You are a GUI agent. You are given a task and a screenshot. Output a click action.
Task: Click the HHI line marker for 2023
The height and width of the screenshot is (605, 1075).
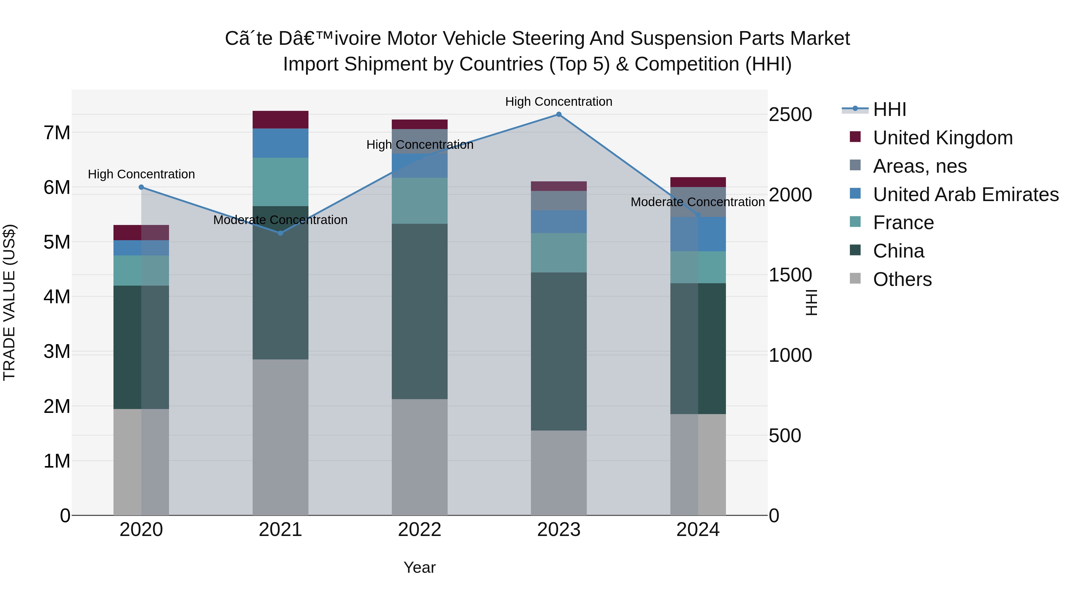point(559,114)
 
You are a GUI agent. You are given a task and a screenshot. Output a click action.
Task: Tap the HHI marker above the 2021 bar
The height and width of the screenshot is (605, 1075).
point(280,233)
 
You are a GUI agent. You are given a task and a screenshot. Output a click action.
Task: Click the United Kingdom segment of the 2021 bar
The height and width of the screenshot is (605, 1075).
point(280,120)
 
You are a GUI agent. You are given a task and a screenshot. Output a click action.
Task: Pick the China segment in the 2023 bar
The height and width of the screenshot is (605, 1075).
point(559,352)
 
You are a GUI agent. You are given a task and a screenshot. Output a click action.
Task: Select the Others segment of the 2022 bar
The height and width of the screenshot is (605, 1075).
point(420,457)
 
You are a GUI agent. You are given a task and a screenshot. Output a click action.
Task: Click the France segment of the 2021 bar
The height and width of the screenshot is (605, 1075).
point(280,182)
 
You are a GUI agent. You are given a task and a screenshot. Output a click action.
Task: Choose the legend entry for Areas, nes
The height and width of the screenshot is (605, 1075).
point(920,166)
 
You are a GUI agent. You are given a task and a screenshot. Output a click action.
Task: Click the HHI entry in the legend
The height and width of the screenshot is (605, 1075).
point(889,109)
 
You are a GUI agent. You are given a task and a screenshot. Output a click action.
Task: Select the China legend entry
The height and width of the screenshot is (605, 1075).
point(899,251)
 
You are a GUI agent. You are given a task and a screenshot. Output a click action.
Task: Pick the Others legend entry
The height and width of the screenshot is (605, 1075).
point(902,279)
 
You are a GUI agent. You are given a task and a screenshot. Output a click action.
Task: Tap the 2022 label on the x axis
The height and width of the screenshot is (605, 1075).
point(420,530)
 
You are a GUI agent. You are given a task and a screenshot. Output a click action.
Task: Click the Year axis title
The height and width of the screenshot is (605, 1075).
point(420,567)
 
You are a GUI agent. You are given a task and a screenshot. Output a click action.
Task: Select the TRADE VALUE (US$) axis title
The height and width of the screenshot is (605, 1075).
point(9,302)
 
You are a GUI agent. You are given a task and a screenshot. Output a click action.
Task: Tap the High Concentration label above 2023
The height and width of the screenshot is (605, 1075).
point(559,102)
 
